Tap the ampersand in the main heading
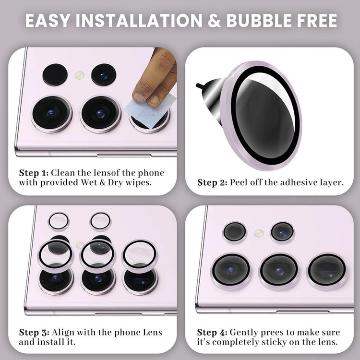click(214, 21)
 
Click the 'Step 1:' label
click(34, 173)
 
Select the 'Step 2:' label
click(212, 183)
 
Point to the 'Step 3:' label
click(34, 333)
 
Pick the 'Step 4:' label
click(212, 333)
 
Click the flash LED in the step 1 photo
click(79, 75)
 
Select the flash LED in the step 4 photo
click(259, 233)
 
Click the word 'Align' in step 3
click(63, 333)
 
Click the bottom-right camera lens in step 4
click(327, 270)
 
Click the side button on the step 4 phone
click(303, 312)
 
